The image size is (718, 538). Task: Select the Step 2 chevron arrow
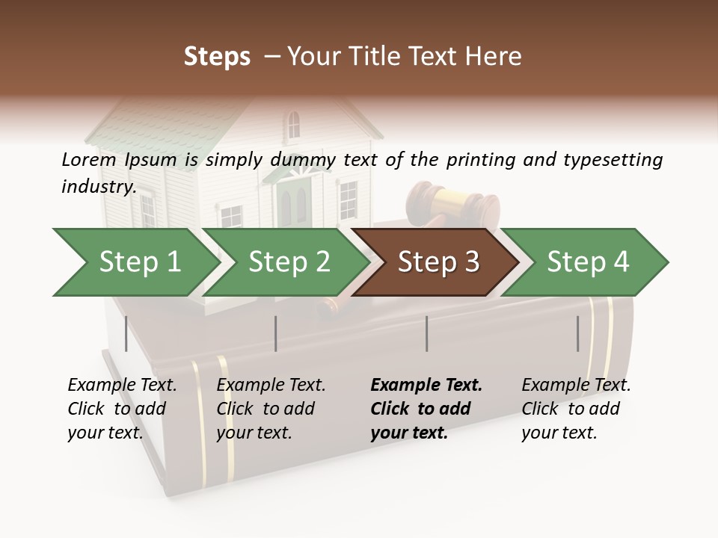pyautogui.click(x=288, y=262)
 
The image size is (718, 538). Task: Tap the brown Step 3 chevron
pyautogui.click(x=438, y=262)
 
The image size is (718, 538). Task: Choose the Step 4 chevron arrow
pyautogui.click(x=587, y=262)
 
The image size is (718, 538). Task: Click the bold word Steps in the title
pyautogui.click(x=217, y=57)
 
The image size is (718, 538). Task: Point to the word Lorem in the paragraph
pyautogui.click(x=88, y=159)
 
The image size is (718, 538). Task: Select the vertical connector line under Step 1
pyautogui.click(x=126, y=333)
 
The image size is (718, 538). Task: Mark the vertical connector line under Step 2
pyautogui.click(x=276, y=333)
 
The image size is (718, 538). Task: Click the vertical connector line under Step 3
pyautogui.click(x=427, y=333)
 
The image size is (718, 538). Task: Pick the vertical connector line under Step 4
pyautogui.click(x=578, y=333)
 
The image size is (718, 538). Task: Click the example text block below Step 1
pyautogui.click(x=122, y=409)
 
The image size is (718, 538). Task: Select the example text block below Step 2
pyautogui.click(x=271, y=409)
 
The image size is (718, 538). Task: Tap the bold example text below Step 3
pyautogui.click(x=426, y=409)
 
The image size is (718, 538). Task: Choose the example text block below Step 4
pyautogui.click(x=576, y=409)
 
